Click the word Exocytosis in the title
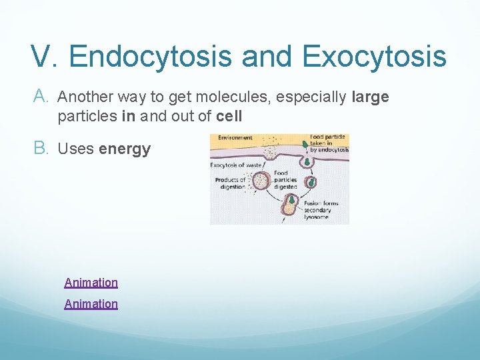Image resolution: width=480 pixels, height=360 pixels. coord(373,57)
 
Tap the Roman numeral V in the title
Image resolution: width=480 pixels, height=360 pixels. coord(43,57)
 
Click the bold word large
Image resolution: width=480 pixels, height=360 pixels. coord(370,97)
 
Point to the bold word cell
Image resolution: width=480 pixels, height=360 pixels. coord(229,116)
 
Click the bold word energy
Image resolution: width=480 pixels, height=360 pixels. coord(125,149)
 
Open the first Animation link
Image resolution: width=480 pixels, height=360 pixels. coord(91,283)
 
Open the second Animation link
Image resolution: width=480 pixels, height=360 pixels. coord(91,304)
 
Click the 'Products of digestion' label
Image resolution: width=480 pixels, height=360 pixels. coord(229,183)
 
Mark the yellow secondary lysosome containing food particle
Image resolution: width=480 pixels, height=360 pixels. coord(289,207)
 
